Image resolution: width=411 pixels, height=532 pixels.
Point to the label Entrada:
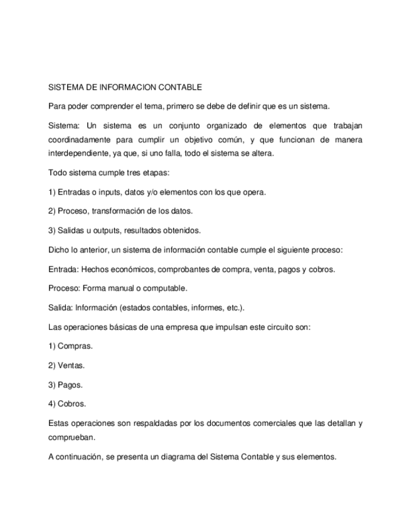pos(64,270)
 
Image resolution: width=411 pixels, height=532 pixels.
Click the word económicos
pos(131,270)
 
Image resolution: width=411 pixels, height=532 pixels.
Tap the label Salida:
pos(60,309)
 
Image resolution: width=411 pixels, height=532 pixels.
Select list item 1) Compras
pos(70,347)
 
